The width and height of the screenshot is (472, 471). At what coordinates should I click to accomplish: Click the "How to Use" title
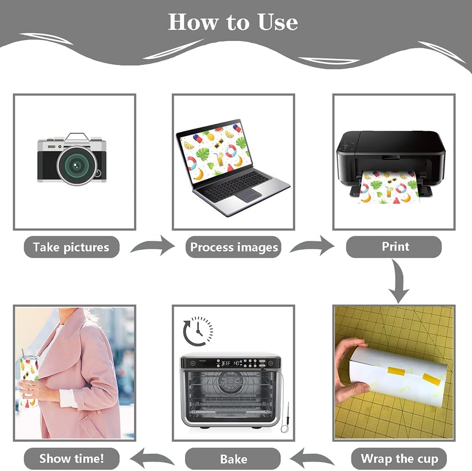point(233,22)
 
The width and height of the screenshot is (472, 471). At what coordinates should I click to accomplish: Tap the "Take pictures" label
point(71,247)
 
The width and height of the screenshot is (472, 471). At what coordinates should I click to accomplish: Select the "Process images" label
point(234,247)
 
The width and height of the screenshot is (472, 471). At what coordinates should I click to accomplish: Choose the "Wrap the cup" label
point(399,458)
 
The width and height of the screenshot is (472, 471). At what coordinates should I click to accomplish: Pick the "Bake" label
point(233,459)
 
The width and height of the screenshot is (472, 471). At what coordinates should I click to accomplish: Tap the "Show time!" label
point(71,458)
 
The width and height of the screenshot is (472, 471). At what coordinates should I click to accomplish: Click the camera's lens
point(77,165)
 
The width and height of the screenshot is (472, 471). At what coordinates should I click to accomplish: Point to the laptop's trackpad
point(248,195)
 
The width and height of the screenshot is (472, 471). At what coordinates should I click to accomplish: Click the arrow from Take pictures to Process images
point(153,246)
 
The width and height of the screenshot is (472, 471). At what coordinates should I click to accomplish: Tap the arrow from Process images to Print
point(312,246)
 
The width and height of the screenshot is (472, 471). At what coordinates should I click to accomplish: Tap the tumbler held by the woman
point(29,381)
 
